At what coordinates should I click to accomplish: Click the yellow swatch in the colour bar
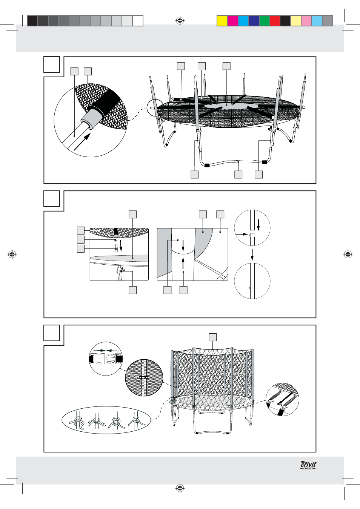coord(222,21)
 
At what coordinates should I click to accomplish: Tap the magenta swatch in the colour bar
coord(233,21)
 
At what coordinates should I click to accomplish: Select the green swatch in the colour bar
coord(265,21)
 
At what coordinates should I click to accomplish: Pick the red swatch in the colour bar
coord(275,21)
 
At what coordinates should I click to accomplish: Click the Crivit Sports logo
coord(308,465)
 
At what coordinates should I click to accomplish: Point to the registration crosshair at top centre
coord(180,21)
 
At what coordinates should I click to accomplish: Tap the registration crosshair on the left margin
coord(12,255)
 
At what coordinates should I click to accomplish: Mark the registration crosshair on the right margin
coord(348,255)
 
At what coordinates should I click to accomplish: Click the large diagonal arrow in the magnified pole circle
coord(82,142)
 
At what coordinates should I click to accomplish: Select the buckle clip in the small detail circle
coord(106,359)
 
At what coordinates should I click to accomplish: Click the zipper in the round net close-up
coord(144,377)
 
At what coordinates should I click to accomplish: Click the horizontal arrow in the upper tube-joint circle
coord(242,234)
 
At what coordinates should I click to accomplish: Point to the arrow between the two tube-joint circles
coord(252,255)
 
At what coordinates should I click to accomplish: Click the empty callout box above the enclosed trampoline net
coord(212,337)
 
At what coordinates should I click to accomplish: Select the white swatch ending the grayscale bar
coord(138,21)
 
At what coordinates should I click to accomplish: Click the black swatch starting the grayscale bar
coord(32,21)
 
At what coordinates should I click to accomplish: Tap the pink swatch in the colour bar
coord(306,21)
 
